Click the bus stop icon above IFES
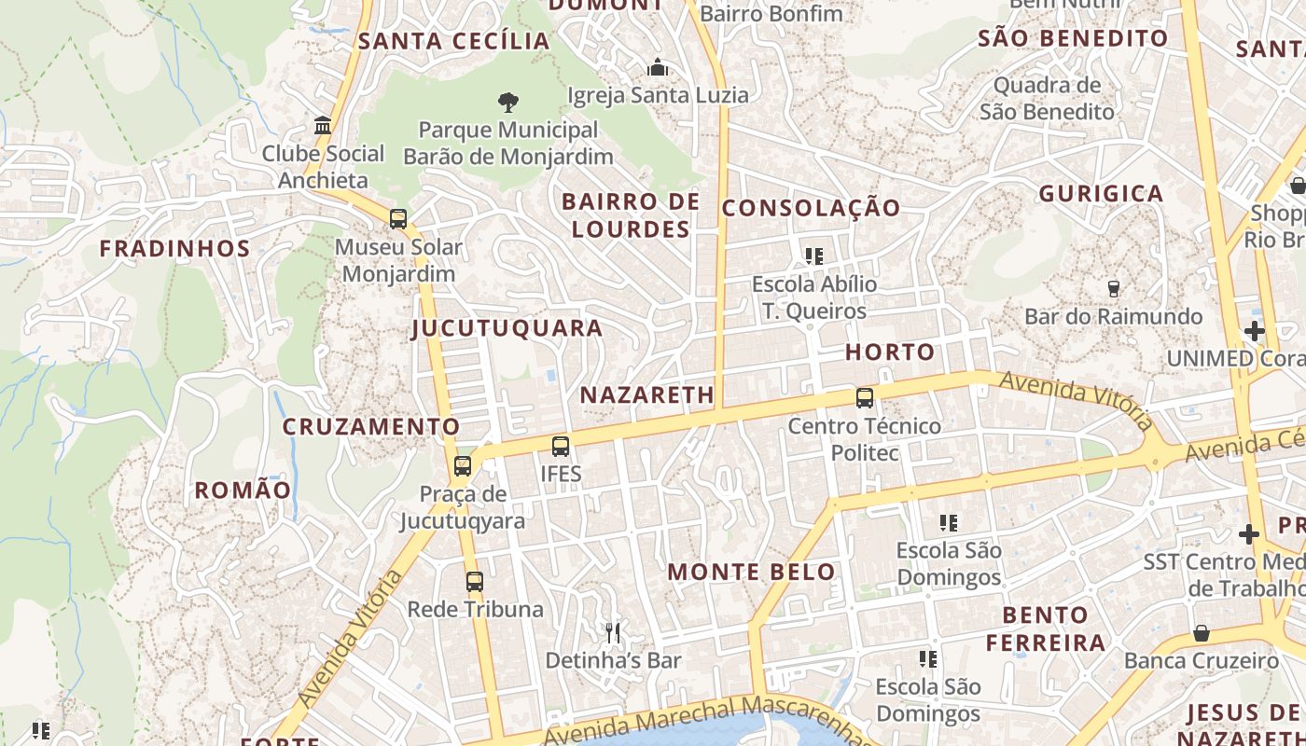click(560, 447)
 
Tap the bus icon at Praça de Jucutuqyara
click(462, 466)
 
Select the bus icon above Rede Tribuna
click(474, 582)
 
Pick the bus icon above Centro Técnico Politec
click(864, 398)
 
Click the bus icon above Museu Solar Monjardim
click(398, 219)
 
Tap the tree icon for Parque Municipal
click(507, 102)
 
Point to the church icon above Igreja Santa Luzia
click(658, 68)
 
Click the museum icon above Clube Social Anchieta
click(323, 126)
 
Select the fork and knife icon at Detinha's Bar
click(613, 633)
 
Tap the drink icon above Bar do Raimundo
click(1112, 289)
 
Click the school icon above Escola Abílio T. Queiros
click(813, 256)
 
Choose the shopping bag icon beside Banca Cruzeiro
click(1202, 633)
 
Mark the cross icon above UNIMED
click(1254, 331)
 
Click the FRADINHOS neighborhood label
click(175, 249)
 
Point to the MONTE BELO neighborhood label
click(752, 573)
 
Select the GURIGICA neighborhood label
click(1101, 194)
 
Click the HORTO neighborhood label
click(890, 352)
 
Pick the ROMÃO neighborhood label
click(243, 490)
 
